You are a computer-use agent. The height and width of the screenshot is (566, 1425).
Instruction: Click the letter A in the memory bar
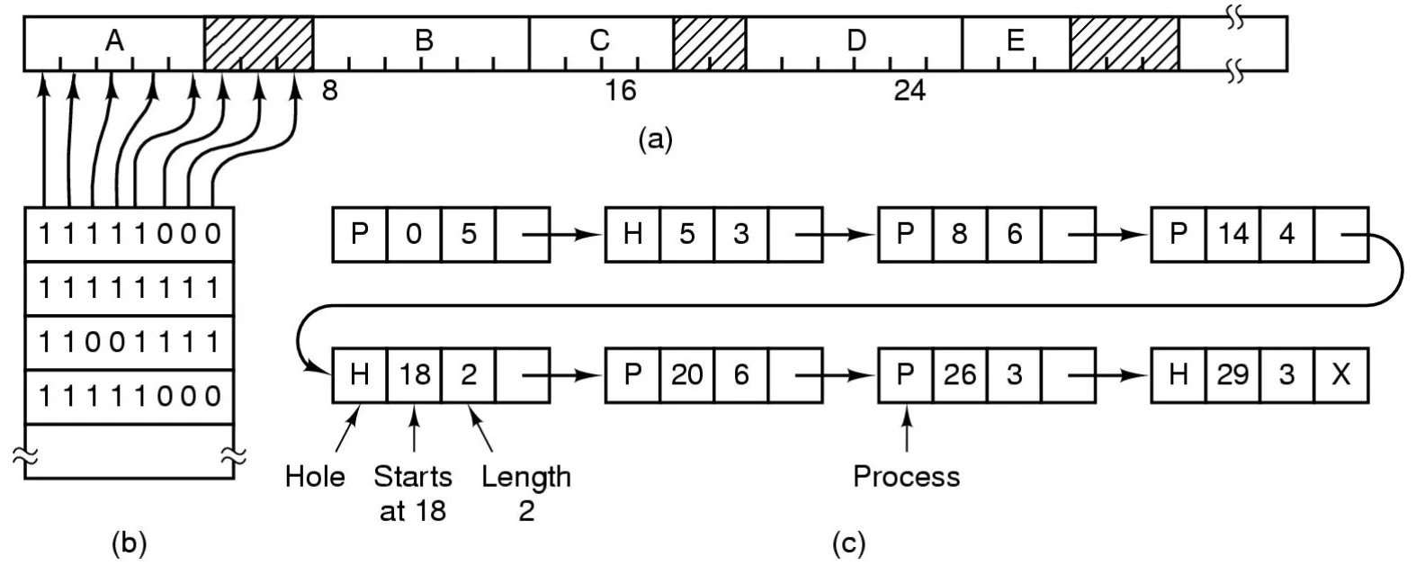tap(114, 40)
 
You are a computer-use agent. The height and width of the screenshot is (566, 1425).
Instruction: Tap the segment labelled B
tap(424, 40)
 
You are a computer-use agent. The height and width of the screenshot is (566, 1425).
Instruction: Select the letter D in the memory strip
tap(856, 40)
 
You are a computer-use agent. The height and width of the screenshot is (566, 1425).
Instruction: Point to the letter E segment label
tap(1016, 40)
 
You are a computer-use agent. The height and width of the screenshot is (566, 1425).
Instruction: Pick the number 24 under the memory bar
tap(910, 91)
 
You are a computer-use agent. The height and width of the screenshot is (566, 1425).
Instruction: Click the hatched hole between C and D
tap(710, 43)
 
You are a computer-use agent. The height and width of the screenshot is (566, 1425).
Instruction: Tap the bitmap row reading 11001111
tap(129, 343)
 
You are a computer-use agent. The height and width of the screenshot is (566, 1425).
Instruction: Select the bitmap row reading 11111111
tap(129, 289)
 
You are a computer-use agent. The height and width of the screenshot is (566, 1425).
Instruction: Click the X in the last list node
tap(1340, 373)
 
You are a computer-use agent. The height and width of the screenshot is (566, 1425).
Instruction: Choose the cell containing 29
tap(1232, 373)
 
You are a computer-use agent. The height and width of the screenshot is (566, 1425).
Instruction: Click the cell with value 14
tap(1232, 235)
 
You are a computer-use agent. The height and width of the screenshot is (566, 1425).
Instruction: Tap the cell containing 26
tap(959, 373)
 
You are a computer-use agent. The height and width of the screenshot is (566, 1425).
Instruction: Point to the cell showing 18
tap(415, 373)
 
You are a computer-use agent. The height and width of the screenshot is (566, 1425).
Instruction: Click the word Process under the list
tap(906, 476)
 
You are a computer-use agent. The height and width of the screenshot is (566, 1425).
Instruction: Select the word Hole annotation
tap(315, 476)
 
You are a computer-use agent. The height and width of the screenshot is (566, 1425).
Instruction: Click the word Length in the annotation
tap(526, 476)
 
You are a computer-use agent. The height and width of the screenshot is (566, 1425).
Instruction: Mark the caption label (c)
tap(849, 544)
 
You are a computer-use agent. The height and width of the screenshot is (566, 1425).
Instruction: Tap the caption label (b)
tap(128, 544)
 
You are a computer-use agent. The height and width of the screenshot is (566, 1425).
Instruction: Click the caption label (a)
tap(654, 139)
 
